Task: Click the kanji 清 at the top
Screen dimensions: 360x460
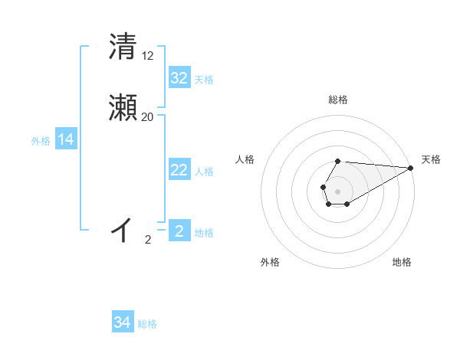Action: (123, 47)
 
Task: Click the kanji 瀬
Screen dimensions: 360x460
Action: (123, 108)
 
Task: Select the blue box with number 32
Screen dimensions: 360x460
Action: (179, 78)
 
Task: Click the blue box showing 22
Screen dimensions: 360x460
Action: (179, 170)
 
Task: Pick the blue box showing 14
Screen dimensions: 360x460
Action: (66, 139)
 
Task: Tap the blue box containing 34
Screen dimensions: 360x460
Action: (123, 322)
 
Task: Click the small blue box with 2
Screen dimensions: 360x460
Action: (179, 231)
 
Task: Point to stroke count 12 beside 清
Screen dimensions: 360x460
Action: (148, 56)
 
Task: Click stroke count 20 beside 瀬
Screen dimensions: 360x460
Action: (148, 117)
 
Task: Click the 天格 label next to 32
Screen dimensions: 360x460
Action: (204, 80)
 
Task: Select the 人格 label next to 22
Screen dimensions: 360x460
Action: (204, 172)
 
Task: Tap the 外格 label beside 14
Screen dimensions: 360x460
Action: (41, 141)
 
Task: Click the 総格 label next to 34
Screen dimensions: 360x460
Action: (147, 324)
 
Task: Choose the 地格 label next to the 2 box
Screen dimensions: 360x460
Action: (204, 233)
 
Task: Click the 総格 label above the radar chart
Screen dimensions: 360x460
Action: (338, 100)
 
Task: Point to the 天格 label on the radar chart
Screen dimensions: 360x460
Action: (432, 159)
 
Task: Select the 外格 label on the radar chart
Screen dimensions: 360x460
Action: (270, 262)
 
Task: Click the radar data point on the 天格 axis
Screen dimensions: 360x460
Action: (411, 168)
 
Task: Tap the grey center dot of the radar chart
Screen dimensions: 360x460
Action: (337, 190)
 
